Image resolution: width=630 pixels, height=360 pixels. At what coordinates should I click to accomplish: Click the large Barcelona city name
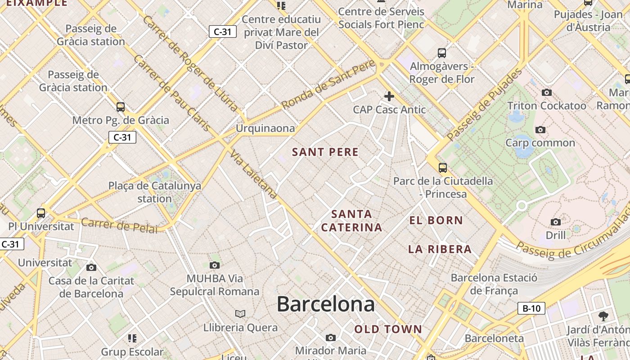click(x=325, y=304)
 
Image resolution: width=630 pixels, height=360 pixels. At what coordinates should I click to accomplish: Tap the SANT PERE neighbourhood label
click(x=325, y=152)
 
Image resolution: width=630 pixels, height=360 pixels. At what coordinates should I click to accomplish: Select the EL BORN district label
click(x=436, y=220)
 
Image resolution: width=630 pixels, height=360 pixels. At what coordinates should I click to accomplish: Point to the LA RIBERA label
click(x=440, y=249)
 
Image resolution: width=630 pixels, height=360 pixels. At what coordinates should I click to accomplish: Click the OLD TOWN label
click(x=388, y=329)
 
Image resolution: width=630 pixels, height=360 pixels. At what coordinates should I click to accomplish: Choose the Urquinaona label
click(x=265, y=128)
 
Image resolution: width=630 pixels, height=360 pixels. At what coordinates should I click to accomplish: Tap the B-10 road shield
click(x=531, y=308)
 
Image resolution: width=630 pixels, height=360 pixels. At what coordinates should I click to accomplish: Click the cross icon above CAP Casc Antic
click(x=389, y=96)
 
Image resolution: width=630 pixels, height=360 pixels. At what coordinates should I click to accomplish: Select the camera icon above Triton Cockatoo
click(x=547, y=92)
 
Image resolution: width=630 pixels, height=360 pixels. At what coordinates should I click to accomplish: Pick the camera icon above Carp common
click(x=540, y=130)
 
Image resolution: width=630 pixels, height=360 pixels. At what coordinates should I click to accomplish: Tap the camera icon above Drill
click(x=556, y=222)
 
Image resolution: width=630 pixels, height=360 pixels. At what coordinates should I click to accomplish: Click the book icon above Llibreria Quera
click(x=240, y=314)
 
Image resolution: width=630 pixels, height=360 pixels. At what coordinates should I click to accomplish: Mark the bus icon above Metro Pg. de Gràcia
click(x=121, y=107)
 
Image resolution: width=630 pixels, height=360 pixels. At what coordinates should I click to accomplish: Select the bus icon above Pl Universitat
click(x=41, y=213)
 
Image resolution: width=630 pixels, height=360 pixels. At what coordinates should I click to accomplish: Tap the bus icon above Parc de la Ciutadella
click(x=443, y=168)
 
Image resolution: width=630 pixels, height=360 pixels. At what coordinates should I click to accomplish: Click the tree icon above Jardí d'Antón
click(x=603, y=316)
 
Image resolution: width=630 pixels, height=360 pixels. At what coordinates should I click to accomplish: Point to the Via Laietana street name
click(x=253, y=175)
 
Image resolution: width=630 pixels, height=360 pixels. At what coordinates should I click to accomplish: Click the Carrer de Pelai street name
click(x=119, y=225)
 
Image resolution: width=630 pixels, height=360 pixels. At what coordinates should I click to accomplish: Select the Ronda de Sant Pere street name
click(x=328, y=85)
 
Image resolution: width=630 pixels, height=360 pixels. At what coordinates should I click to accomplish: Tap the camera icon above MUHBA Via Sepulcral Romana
click(x=215, y=265)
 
